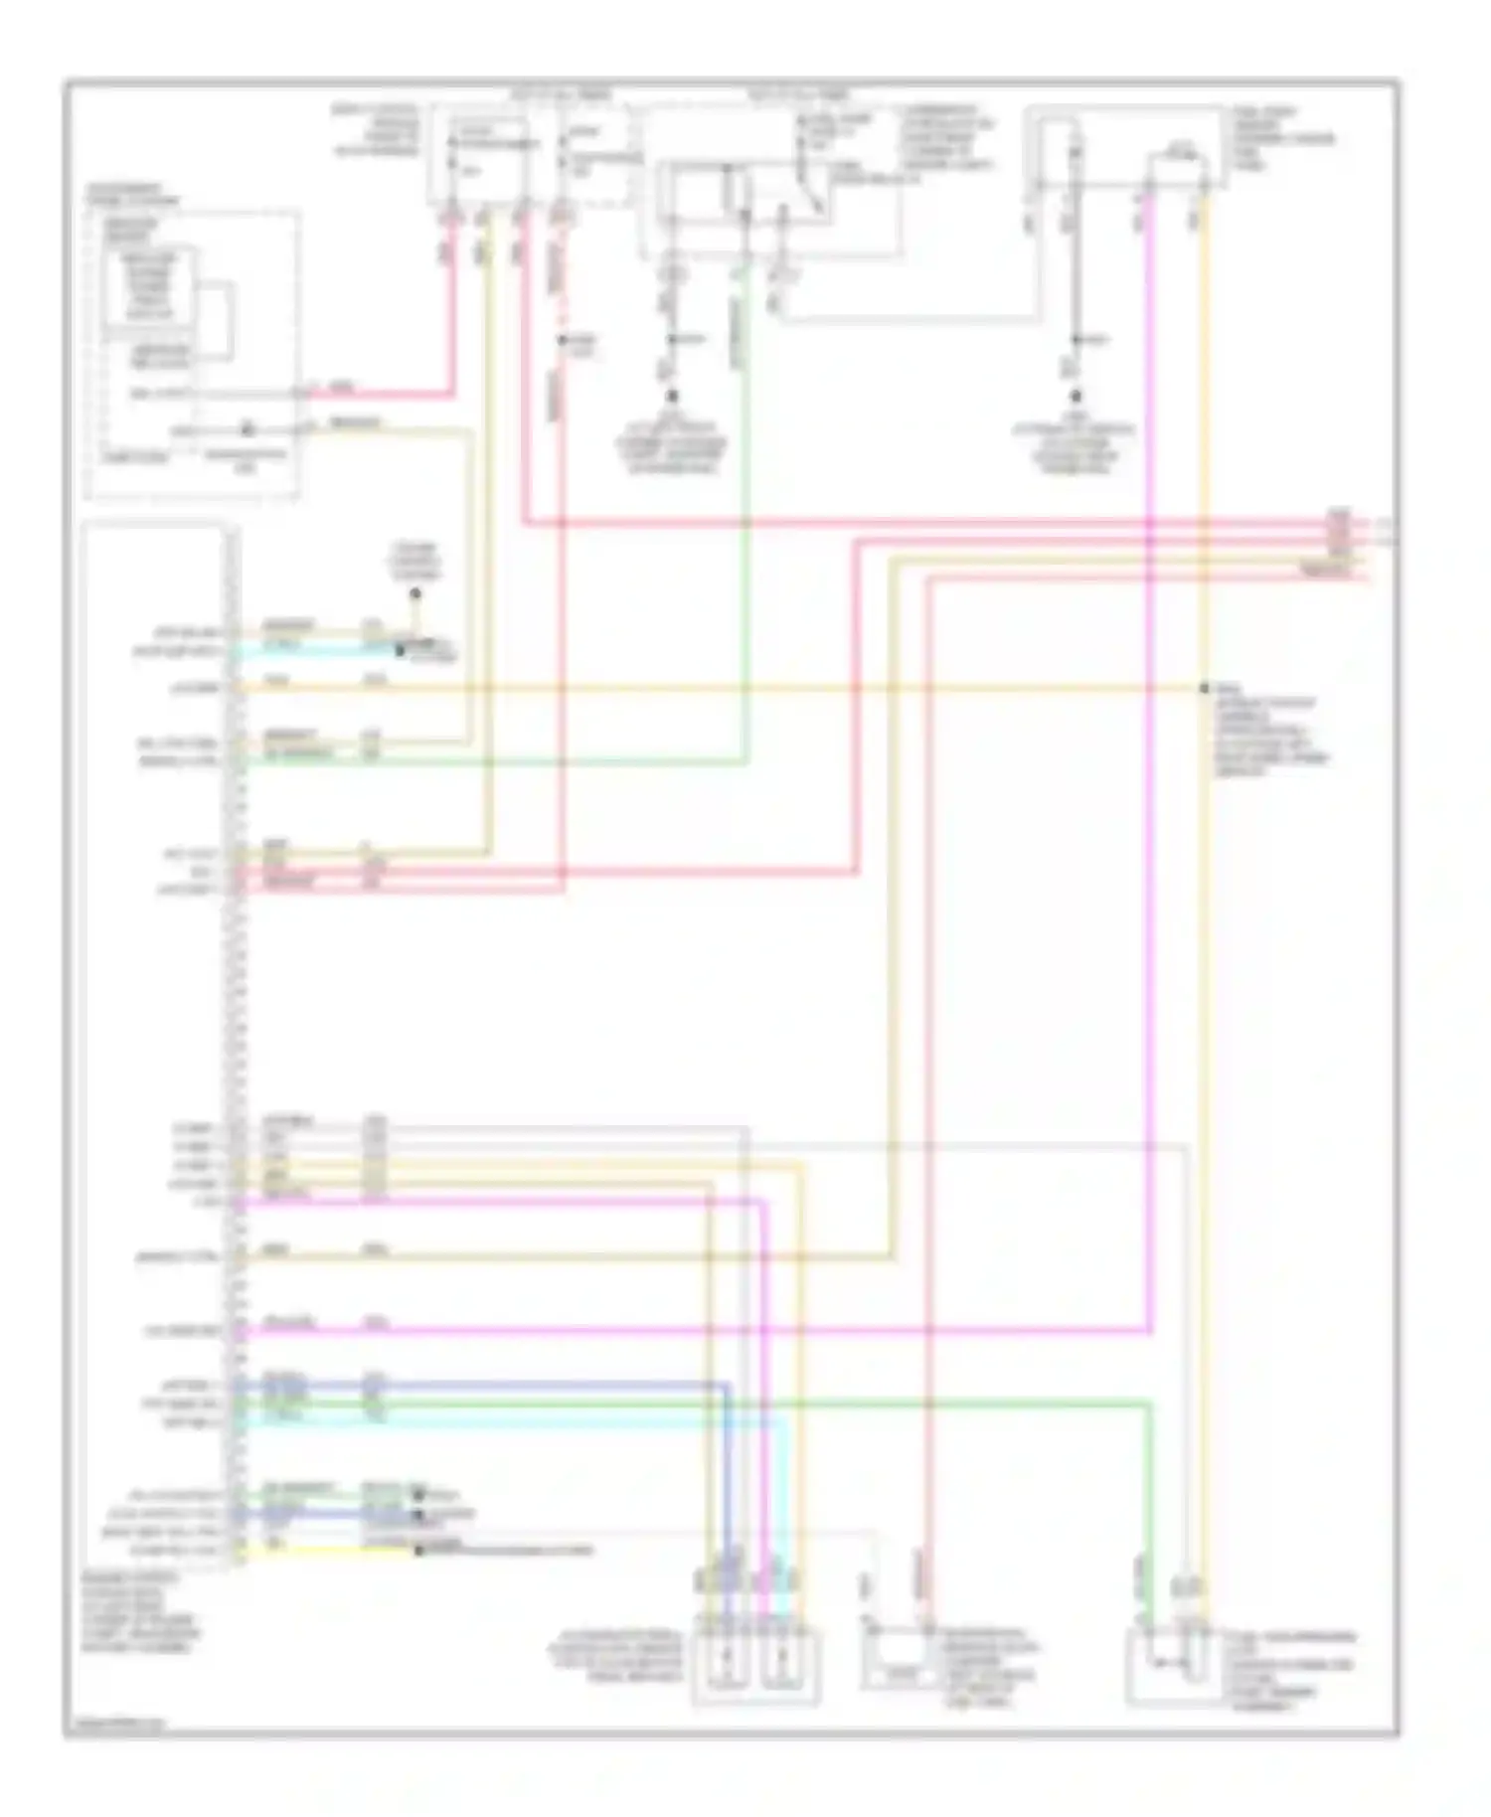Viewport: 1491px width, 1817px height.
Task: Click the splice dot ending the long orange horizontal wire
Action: [x=1204, y=688]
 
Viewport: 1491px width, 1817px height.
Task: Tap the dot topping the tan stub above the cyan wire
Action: [x=415, y=594]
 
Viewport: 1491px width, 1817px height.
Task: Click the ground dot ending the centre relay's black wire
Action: [x=672, y=395]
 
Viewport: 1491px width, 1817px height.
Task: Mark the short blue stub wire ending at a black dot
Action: [x=328, y=1515]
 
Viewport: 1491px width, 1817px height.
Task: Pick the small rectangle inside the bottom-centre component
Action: [x=900, y=1676]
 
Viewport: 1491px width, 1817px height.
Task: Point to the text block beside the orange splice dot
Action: [x=1268, y=736]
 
